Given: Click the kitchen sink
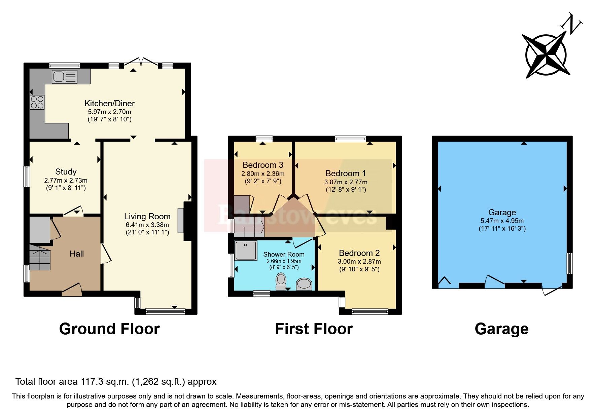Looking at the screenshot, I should (x=64, y=77).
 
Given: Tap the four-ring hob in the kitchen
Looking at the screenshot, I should (x=37, y=103).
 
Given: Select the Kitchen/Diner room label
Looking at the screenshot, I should (x=109, y=103).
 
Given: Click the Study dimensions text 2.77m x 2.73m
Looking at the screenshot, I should (x=66, y=181).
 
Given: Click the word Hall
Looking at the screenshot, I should (x=76, y=254).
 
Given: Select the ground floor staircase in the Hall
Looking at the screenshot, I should (x=39, y=258).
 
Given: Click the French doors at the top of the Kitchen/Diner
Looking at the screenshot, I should (x=141, y=62).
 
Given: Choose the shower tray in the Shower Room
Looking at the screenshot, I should (x=246, y=251).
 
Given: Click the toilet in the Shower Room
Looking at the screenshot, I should (x=281, y=281).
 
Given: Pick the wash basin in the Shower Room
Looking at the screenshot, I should (x=304, y=285).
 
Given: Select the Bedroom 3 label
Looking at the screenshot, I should (x=262, y=165).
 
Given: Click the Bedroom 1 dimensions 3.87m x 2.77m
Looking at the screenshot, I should (x=346, y=182).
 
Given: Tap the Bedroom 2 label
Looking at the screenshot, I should (x=359, y=253).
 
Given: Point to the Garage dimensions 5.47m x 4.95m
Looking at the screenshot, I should (x=502, y=221).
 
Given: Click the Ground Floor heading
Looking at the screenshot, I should (x=109, y=329).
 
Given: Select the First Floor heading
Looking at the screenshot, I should (x=314, y=329).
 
